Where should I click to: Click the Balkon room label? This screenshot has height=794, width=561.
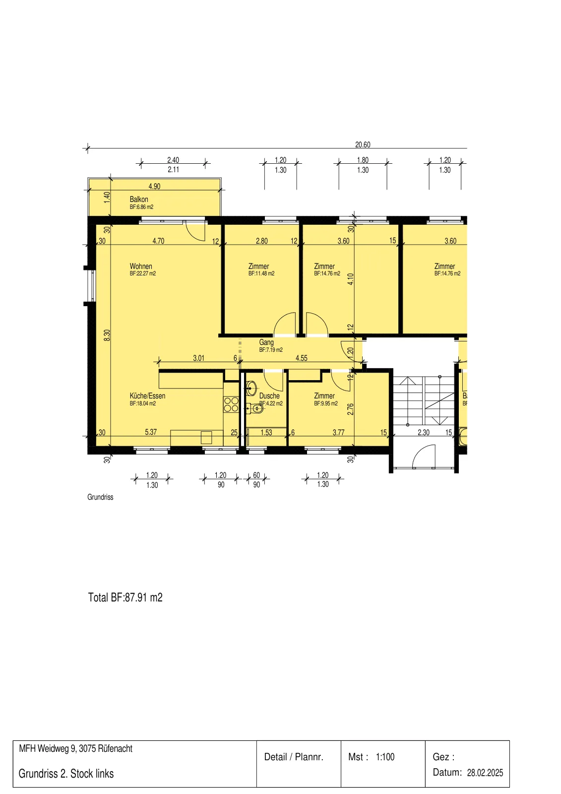point(138,199)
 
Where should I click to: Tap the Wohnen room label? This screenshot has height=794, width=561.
point(141,266)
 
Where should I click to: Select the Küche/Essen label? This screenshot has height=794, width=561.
point(147,396)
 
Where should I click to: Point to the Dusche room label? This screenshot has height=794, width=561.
point(269,396)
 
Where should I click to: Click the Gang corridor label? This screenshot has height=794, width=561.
point(266,342)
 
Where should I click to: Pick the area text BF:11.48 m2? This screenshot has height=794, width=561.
point(261,273)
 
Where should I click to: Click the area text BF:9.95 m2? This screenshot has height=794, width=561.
point(326,403)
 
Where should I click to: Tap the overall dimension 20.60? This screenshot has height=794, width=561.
point(363,144)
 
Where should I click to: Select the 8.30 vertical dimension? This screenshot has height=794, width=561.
point(107,335)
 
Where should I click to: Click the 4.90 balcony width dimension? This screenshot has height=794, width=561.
point(155,186)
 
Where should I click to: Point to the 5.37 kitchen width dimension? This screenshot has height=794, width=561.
point(151,432)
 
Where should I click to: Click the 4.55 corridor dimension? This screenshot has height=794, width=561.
point(302,358)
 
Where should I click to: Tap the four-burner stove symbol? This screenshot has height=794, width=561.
point(231,404)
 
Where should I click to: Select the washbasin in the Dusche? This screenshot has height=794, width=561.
point(251,388)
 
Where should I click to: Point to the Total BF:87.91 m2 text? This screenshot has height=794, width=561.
point(125,597)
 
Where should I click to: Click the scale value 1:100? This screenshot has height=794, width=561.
point(385,757)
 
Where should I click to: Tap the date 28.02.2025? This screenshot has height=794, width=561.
point(485,773)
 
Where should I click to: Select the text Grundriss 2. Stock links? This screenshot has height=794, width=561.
point(66,774)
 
